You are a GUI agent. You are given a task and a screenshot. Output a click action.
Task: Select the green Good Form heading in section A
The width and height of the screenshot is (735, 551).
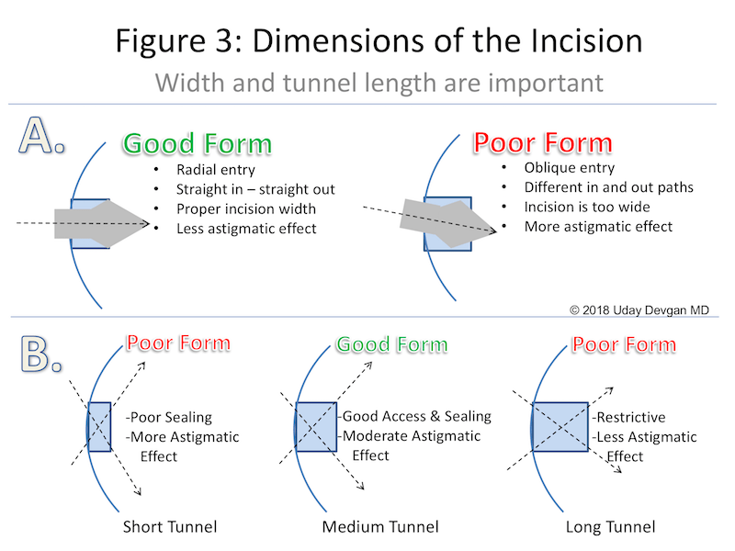point(198,144)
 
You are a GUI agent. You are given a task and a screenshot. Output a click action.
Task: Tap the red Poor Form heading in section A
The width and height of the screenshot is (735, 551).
point(542,143)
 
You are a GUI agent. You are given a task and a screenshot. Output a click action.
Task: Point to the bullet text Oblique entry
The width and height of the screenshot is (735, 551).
point(569,168)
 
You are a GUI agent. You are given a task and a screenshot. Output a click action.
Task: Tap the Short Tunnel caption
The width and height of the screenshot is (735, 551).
point(169,527)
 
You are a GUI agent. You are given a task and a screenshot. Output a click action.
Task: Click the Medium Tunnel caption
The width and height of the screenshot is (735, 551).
point(380,527)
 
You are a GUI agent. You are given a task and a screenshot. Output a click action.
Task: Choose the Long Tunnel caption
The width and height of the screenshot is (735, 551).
point(611,527)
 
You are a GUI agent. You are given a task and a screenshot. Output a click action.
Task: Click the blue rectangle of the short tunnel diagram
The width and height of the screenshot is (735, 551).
point(99,426)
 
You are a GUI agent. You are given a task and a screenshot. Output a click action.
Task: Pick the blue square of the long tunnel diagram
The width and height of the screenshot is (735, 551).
point(560,426)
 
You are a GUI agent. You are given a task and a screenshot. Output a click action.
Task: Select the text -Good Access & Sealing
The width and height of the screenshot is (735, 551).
point(416,416)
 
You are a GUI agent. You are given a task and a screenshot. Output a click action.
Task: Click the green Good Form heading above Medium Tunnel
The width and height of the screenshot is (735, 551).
point(391,344)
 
